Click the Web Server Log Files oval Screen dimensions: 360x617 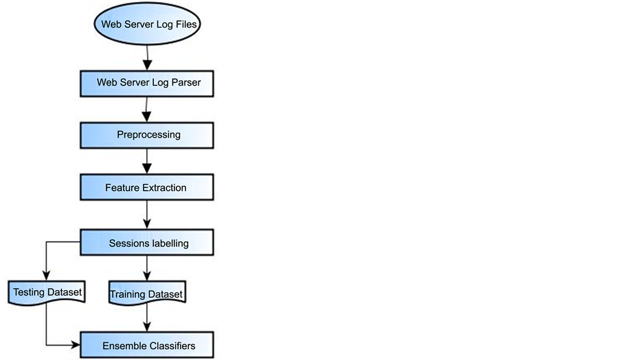pyautogui.click(x=150, y=25)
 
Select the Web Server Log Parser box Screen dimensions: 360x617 pyautogui.click(x=147, y=83)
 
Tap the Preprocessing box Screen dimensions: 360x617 pyautogui.click(x=147, y=135)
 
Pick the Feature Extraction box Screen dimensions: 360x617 pyautogui.click(x=147, y=188)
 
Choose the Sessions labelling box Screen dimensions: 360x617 pyautogui.click(x=147, y=243)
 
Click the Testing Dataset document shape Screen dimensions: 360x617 pyautogui.click(x=47, y=293)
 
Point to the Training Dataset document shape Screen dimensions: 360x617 pyautogui.click(x=147, y=295)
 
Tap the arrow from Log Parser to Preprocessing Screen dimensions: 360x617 pyautogui.click(x=147, y=109)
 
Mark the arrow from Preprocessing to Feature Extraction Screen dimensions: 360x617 pyautogui.click(x=147, y=161)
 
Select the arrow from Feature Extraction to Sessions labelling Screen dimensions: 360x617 pyautogui.click(x=147, y=215)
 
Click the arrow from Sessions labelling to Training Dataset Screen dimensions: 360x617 pyautogui.click(x=147, y=267)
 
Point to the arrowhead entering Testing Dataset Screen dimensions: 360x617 pyautogui.click(x=46, y=274)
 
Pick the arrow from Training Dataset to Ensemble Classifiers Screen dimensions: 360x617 pyautogui.click(x=147, y=318)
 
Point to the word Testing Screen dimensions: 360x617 pyautogui.click(x=30, y=293)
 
